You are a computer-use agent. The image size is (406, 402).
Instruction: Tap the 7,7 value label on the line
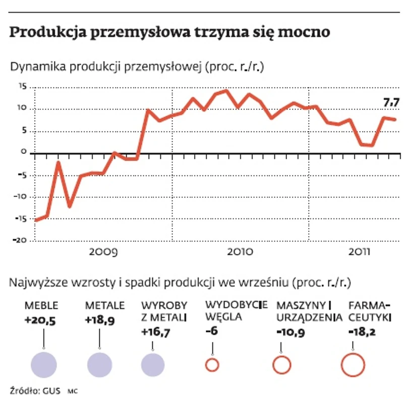point(391,103)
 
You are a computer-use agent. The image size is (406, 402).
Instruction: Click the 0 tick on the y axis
point(24,153)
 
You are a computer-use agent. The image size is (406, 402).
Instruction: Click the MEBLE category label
point(41,306)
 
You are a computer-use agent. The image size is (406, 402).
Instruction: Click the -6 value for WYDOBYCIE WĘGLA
point(211,331)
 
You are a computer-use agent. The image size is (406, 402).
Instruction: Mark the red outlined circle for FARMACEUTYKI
point(353,365)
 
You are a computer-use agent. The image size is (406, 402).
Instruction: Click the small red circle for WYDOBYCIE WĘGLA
point(212,365)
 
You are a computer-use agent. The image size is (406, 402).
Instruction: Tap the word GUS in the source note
point(51,390)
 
